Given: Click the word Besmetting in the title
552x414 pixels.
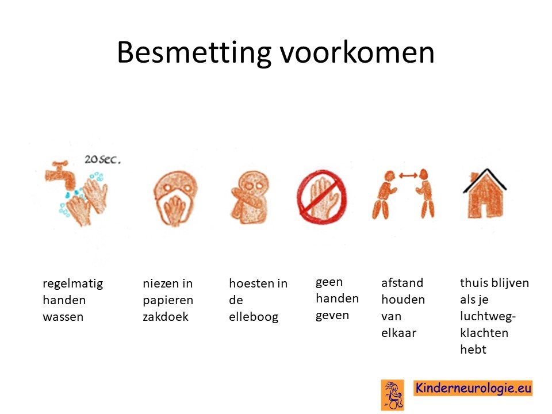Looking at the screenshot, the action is point(194,53).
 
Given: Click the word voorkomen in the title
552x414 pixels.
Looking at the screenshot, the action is point(357,52).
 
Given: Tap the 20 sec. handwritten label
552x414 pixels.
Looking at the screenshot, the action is point(102,159).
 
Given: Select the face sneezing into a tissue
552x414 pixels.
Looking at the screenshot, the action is point(175,198).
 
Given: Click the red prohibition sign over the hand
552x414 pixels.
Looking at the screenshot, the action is point(322,197).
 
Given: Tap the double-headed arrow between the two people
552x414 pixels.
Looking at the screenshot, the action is point(408,175).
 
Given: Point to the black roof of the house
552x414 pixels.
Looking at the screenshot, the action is point(485,180).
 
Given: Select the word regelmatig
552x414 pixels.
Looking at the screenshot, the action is point(73,284).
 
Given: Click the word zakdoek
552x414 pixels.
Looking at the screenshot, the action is point(166,316).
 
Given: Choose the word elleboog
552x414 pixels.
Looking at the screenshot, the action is point(254,317).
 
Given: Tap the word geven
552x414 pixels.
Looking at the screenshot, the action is point(332,316).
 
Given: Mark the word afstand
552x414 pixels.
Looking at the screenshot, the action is point(402,283).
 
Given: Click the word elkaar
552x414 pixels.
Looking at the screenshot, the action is point(398,333).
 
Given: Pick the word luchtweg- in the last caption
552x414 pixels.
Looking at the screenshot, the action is point(488,317).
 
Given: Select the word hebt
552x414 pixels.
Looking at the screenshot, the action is point(473,349).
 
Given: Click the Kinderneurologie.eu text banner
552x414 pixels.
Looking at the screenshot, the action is point(473,388).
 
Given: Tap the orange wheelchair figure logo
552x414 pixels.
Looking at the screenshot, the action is point(393,395).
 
